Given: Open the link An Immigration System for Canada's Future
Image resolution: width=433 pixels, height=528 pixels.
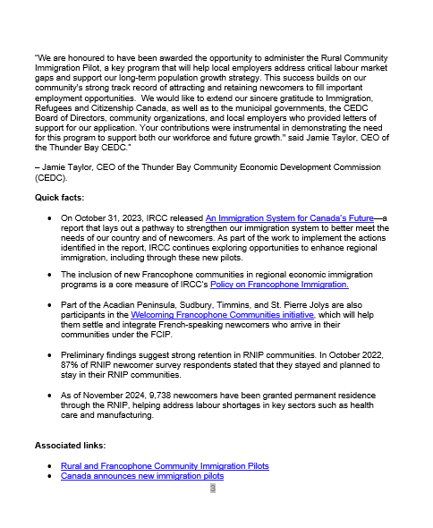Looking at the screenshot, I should coord(284,217).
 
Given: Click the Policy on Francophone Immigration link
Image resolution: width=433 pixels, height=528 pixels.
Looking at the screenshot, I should coord(278,285).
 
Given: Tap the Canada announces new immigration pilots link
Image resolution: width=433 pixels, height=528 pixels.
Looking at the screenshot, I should coord(141,476).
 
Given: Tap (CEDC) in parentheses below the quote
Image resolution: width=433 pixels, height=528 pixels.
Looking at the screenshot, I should coord(52,178).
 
